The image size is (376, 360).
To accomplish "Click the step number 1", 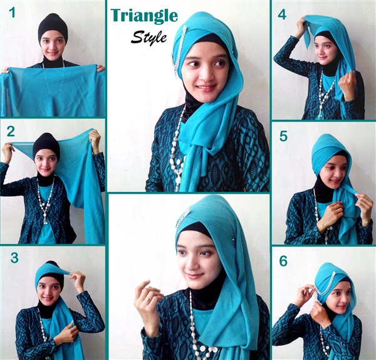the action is click(x=11, y=13).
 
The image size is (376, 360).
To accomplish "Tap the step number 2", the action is click(x=11, y=132).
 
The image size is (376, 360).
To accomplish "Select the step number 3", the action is click(x=14, y=258).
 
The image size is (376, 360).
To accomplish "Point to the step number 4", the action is click(x=282, y=14).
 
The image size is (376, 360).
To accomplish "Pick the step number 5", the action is click(x=283, y=136).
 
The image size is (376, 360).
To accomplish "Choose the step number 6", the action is click(x=283, y=261).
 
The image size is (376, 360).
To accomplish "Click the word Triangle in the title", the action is click(x=144, y=16).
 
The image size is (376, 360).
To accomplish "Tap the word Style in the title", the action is click(x=149, y=38).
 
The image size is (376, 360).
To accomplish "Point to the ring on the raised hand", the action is click(x=148, y=299).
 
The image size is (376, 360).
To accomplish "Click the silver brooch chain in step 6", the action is click(x=325, y=286).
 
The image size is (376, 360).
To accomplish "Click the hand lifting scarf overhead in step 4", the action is click(x=301, y=25).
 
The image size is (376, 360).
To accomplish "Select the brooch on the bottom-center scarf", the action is click(x=182, y=219).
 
